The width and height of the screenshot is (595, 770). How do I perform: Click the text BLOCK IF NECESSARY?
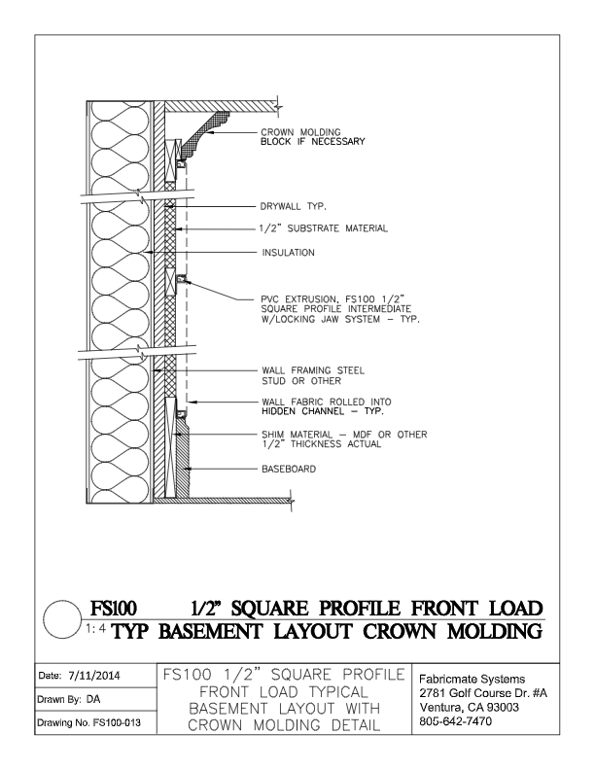point(312,142)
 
